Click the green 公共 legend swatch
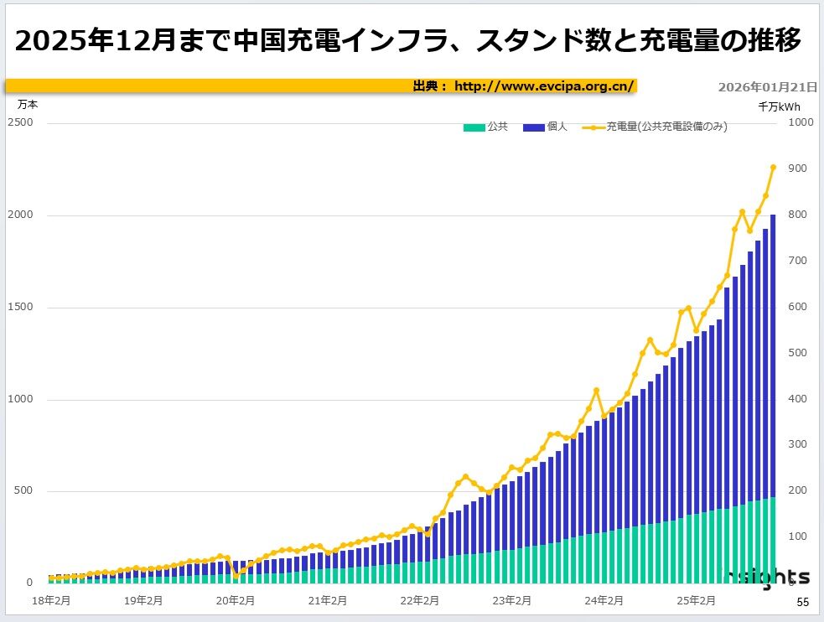(x=474, y=127)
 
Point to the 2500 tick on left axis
(x=21, y=123)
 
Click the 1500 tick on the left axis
(x=21, y=308)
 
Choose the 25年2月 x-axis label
(x=696, y=600)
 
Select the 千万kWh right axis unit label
(x=779, y=106)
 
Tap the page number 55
(x=802, y=603)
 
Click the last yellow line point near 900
(x=773, y=168)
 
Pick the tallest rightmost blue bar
(x=773, y=352)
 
